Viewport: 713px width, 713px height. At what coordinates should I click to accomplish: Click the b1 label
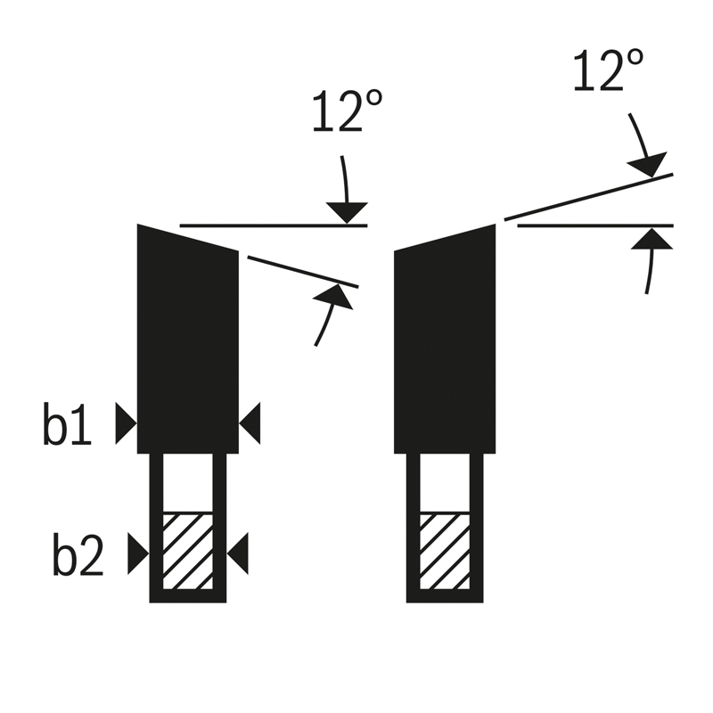[68, 423]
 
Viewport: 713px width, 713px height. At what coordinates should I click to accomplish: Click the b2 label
[78, 553]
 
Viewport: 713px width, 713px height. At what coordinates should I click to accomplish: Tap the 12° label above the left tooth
[348, 111]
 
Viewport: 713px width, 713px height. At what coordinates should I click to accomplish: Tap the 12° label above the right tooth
[608, 70]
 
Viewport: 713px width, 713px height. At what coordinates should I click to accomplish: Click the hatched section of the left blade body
[188, 552]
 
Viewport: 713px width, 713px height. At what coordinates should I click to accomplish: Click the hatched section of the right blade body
[445, 552]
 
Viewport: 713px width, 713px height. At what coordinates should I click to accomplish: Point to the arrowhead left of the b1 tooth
[126, 423]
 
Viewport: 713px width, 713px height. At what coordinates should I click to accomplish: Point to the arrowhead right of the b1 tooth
[250, 423]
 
